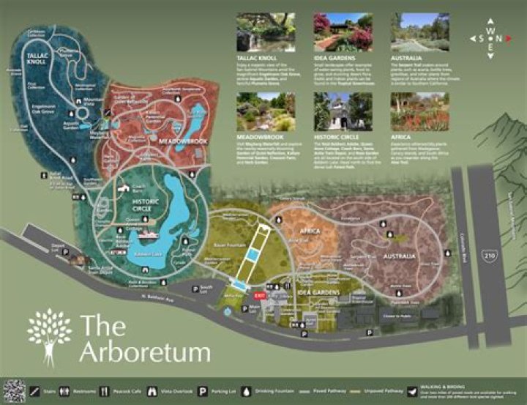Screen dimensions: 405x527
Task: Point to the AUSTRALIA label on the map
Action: click(400, 256)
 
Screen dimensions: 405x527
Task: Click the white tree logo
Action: click(50, 334)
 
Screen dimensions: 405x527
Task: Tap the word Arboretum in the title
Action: click(145, 352)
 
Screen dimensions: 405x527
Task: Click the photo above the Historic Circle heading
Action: click(334, 111)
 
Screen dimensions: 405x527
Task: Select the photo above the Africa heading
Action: click(419, 111)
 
